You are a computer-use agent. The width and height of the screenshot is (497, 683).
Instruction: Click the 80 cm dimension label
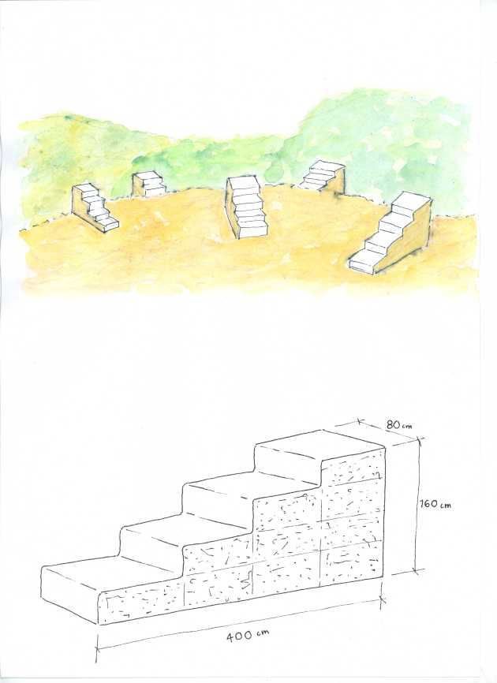click(x=398, y=425)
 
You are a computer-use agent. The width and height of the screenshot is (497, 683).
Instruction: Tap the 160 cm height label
click(x=435, y=505)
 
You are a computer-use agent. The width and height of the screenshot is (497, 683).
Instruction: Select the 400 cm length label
click(x=245, y=635)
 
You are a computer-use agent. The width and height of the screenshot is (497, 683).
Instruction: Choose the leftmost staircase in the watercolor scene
click(x=95, y=206)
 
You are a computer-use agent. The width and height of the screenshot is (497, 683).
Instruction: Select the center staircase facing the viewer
click(x=246, y=207)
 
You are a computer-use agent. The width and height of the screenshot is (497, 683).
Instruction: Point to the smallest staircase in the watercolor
click(x=149, y=184)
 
